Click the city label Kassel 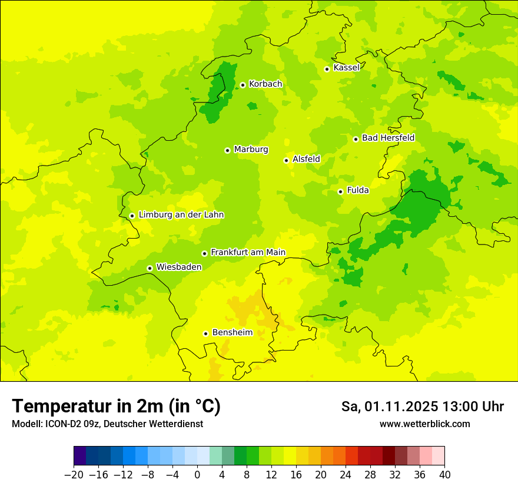[346, 68]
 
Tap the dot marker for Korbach [243, 85]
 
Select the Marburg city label [251, 150]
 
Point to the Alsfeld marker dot [286, 160]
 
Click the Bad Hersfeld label [388, 138]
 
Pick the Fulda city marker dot [340, 191]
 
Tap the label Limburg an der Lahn [181, 215]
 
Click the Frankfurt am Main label [248, 253]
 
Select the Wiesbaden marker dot [150, 268]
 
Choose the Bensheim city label [232, 333]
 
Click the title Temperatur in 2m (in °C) [116, 407]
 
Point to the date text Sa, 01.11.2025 [389, 407]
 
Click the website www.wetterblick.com [424, 424]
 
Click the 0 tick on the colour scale [197, 474]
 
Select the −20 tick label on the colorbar [74, 474]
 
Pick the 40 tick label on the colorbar [444, 474]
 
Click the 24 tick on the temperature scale [346, 474]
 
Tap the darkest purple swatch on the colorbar [80, 456]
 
